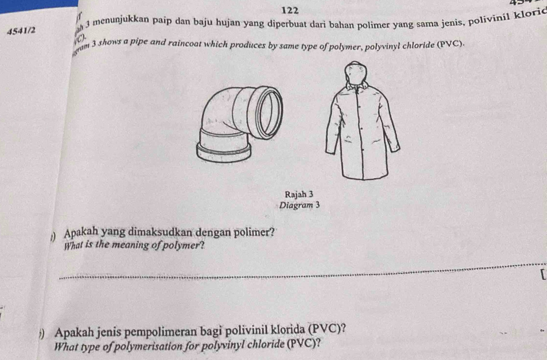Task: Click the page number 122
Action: click(291, 9)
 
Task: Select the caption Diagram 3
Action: click(299, 205)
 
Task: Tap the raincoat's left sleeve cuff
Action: click(332, 148)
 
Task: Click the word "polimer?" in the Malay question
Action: click(256, 232)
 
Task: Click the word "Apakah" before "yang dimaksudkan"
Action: click(81, 234)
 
